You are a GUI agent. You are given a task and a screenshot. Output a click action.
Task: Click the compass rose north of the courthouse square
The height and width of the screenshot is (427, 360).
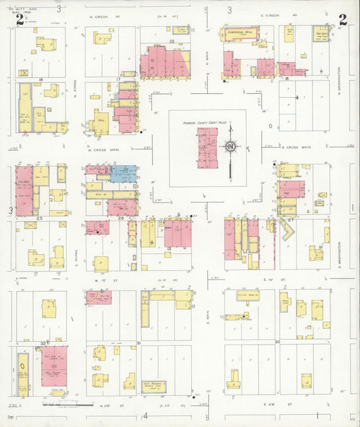click(x=230, y=147)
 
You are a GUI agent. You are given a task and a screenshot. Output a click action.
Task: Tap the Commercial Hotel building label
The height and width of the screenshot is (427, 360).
click(x=240, y=32)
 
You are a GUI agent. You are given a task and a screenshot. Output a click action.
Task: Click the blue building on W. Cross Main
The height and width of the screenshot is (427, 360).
click(x=124, y=174)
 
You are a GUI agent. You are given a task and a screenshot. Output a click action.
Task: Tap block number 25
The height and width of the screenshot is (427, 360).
click(x=40, y=218)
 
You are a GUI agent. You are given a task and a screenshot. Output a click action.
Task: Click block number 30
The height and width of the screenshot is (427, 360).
click(x=277, y=343)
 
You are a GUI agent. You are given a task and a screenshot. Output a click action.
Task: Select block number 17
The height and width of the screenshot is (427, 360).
click(x=118, y=80)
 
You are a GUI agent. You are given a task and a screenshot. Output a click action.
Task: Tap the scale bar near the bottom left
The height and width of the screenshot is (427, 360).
click(x=68, y=404)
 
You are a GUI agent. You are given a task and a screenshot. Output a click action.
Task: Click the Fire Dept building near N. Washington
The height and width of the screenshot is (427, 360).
click(x=320, y=33)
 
